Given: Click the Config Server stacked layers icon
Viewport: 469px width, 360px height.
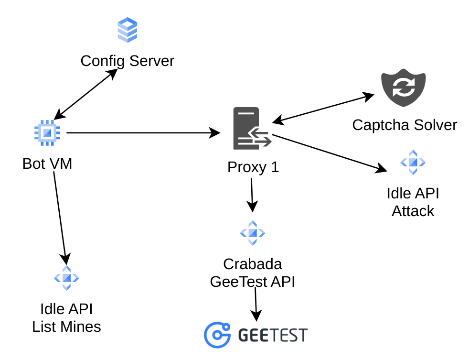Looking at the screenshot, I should click(x=128, y=30).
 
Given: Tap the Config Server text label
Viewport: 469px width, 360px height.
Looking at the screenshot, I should click(x=128, y=61).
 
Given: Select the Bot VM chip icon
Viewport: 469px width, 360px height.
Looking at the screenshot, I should click(x=47, y=132).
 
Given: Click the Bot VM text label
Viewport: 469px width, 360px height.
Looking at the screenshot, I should click(x=47, y=164).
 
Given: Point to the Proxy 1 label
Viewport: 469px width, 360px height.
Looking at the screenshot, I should click(x=253, y=167).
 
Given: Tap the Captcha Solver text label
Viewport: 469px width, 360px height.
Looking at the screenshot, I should click(x=405, y=125).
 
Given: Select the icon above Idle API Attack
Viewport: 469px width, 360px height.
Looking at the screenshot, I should click(x=413, y=162).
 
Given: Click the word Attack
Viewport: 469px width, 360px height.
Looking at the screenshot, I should click(x=413, y=211).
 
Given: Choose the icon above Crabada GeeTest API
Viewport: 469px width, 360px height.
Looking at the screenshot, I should click(x=252, y=233).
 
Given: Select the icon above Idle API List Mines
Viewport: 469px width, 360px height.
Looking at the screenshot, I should click(x=66, y=278).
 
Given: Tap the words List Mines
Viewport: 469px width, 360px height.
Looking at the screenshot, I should click(x=66, y=327).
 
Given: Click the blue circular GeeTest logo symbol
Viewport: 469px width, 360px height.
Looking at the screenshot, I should click(x=217, y=335).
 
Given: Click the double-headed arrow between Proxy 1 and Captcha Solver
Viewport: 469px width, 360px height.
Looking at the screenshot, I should click(x=323, y=108).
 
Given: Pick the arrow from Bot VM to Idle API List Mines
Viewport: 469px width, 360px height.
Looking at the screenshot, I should click(x=61, y=215).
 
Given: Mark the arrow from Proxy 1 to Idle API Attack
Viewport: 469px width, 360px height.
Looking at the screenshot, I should click(x=330, y=153).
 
